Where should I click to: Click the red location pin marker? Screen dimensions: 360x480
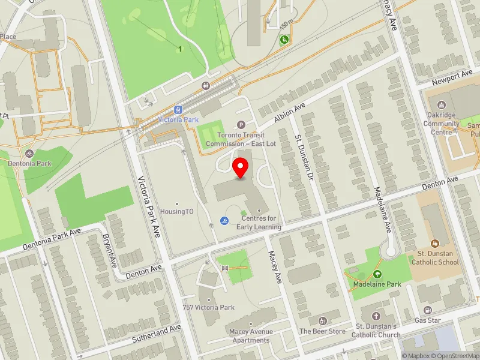pyautogui.click(x=241, y=168)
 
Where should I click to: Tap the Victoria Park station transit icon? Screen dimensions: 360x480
pyautogui.click(x=178, y=110)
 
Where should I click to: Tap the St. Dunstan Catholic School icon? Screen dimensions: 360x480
pyautogui.click(x=434, y=243)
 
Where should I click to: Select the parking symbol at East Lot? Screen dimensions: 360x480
pyautogui.click(x=241, y=125)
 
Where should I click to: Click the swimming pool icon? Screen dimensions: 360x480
pyautogui.click(x=224, y=221)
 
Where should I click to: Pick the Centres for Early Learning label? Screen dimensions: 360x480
pyautogui.click(x=259, y=223)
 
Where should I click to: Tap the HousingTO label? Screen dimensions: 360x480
pyautogui.click(x=176, y=212)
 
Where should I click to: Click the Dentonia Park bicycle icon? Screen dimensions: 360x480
pyautogui.click(x=29, y=153)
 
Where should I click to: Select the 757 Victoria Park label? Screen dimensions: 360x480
pyautogui.click(x=208, y=307)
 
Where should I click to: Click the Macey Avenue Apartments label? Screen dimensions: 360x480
pyautogui.click(x=251, y=336)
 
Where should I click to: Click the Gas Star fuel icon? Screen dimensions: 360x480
pyautogui.click(x=427, y=310)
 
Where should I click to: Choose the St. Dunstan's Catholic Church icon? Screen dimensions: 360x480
pyautogui.click(x=376, y=316)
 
